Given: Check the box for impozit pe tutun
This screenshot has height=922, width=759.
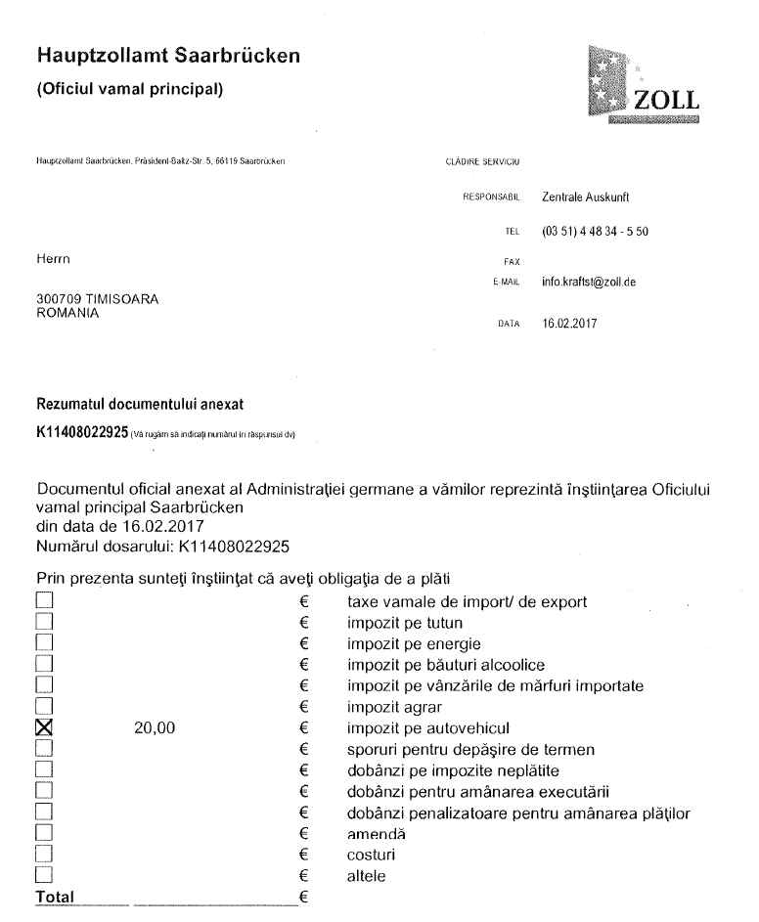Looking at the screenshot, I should coord(43,621).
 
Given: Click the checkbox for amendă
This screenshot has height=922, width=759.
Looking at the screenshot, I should coord(43,834).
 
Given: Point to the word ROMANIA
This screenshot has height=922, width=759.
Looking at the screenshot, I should coord(64,312).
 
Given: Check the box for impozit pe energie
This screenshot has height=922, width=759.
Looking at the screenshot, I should coord(43,642).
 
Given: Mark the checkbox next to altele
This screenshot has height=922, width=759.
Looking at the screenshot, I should coord(43,877).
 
